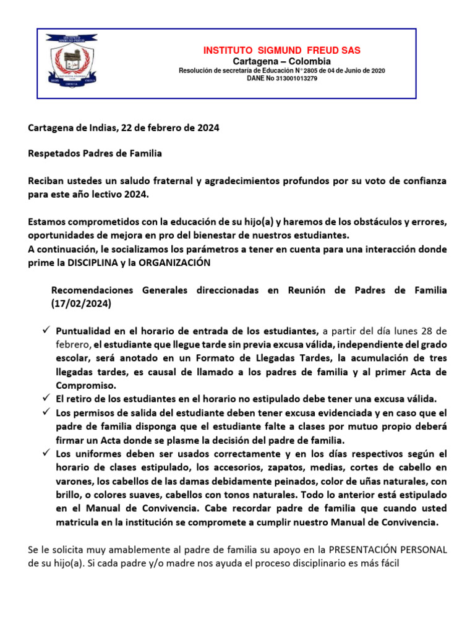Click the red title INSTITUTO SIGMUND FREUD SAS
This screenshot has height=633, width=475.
tap(281, 50)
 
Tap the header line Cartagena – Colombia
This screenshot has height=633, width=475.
tap(281, 61)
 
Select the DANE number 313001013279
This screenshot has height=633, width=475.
tap(299, 79)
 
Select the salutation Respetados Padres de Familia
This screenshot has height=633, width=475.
tap(95, 153)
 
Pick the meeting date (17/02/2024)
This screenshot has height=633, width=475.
tap(81, 304)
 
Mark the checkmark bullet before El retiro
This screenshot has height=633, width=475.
tap(45, 398)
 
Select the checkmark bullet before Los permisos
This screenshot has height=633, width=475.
tap(45, 412)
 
